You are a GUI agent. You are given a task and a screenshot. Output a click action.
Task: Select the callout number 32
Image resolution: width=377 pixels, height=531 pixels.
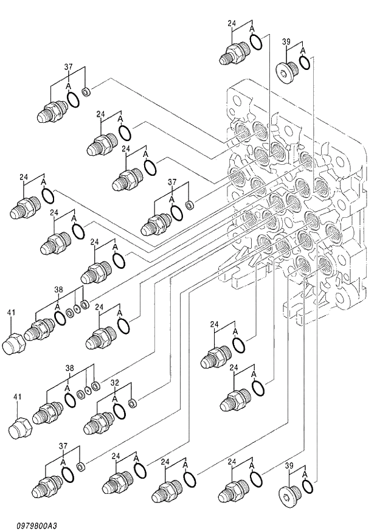(x=115, y=384)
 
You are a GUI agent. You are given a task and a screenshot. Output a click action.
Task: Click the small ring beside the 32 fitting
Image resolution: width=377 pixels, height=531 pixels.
(x=133, y=402)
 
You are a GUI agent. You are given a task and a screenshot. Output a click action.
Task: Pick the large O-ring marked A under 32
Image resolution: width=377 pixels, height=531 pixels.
(x=120, y=411)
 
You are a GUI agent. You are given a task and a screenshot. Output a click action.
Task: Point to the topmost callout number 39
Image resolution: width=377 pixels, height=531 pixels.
(x=287, y=42)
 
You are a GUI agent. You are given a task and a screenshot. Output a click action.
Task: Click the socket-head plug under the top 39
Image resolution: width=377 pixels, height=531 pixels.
(x=287, y=72)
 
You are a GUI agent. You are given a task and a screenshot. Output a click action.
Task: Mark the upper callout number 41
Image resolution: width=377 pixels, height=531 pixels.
(x=11, y=313)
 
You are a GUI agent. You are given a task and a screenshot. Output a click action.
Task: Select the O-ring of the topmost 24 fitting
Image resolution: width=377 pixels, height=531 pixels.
(x=256, y=43)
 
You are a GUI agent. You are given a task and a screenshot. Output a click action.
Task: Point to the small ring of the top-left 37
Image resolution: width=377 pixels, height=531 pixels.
(x=87, y=92)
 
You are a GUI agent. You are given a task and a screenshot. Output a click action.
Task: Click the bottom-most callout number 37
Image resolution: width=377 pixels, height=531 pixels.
(x=63, y=446)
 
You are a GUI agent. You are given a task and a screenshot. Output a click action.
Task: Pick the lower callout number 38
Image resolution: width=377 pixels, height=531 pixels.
(x=70, y=369)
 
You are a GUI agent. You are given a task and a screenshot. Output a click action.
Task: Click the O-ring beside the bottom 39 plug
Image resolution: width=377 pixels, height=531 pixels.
(x=308, y=486)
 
